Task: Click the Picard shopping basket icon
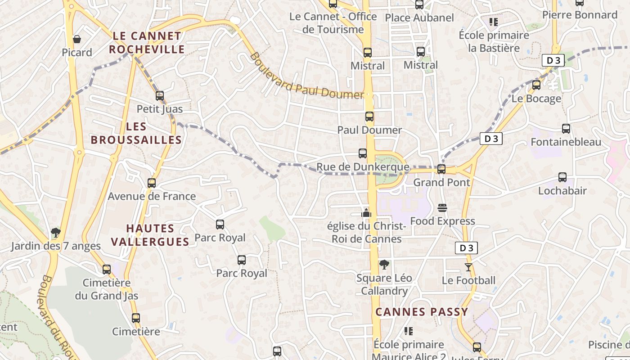coord(77,39)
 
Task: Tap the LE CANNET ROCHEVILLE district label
coord(147,42)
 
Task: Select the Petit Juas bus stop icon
coord(160,95)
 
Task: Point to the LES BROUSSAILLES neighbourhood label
coord(136,133)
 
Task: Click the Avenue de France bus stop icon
coord(152,183)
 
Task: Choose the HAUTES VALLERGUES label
coord(150,235)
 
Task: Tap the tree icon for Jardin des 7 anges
coord(56,233)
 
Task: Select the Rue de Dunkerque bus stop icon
coord(363,153)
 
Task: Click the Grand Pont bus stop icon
coord(441,169)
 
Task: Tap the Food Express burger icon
coord(442,208)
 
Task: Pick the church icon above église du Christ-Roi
coord(367,212)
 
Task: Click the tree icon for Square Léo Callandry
coord(384,265)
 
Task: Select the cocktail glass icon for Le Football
coord(468,267)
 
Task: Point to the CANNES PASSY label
coord(422,311)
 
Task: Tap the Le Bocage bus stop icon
coord(536,85)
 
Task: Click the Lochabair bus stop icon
coord(562,177)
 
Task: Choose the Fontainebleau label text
coord(566,142)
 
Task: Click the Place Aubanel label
coord(419,18)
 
